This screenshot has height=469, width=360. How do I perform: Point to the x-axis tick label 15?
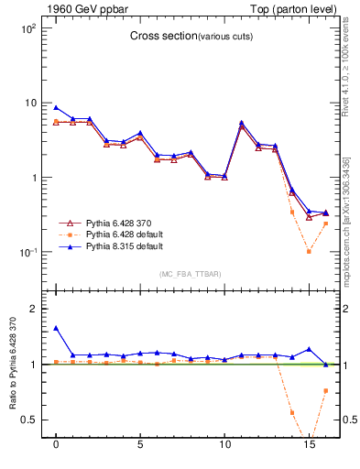pyautogui.click(x=309, y=452)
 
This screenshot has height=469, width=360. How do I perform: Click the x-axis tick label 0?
pyautogui.click(x=56, y=452)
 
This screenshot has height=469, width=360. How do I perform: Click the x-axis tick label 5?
pyautogui.click(x=140, y=452)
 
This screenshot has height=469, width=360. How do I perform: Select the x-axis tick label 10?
pyautogui.click(x=224, y=452)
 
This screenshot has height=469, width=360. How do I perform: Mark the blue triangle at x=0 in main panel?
pyautogui.click(x=56, y=107)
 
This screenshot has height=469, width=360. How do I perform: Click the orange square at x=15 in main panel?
pyautogui.click(x=309, y=251)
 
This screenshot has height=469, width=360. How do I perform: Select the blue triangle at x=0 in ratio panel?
pyautogui.click(x=56, y=328)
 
